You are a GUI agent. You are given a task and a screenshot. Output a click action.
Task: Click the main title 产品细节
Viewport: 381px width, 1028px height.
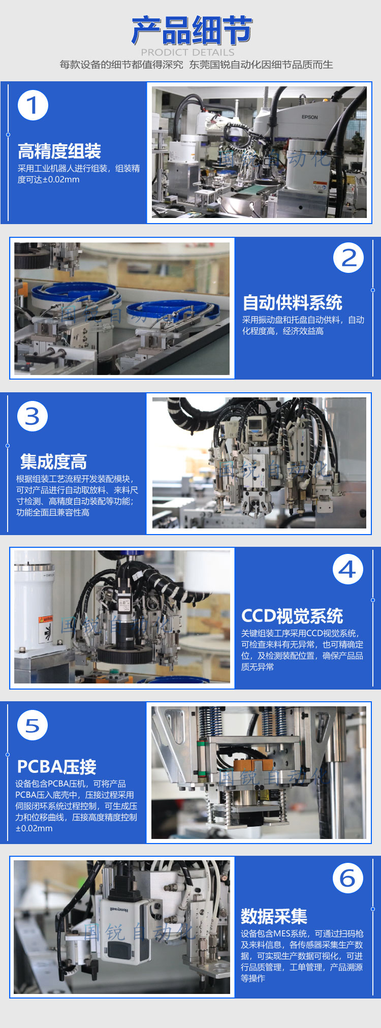(x=192, y=30)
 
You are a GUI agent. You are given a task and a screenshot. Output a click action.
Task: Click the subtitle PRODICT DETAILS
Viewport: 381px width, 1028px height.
(x=187, y=52)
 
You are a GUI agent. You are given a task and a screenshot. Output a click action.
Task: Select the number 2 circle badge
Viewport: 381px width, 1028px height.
(x=348, y=258)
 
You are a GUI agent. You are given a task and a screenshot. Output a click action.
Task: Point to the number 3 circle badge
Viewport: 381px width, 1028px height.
(x=33, y=416)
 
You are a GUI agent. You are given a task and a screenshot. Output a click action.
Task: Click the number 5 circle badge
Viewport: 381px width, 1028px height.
(x=33, y=725)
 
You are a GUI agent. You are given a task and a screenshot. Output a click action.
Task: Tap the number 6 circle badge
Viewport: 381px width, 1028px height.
(x=348, y=878)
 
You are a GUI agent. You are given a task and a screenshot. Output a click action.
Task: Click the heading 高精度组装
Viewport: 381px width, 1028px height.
(x=59, y=151)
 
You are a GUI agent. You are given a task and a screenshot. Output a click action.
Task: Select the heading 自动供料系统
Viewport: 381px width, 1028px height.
(x=293, y=302)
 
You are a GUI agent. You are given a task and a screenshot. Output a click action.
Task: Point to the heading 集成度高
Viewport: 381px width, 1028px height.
(x=53, y=461)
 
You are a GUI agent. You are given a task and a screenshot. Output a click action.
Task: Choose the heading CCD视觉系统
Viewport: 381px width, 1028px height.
(x=292, y=616)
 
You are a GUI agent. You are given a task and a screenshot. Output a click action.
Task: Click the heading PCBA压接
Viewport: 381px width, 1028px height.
(x=57, y=766)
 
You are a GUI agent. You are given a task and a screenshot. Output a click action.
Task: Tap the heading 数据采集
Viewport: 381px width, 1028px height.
(x=274, y=916)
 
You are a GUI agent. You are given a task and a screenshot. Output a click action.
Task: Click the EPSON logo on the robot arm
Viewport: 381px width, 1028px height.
(x=309, y=117)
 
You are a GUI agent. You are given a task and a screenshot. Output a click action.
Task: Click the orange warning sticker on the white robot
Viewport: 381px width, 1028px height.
(x=46, y=620)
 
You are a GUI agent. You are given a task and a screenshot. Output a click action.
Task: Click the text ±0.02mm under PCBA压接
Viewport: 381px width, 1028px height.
(x=34, y=828)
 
